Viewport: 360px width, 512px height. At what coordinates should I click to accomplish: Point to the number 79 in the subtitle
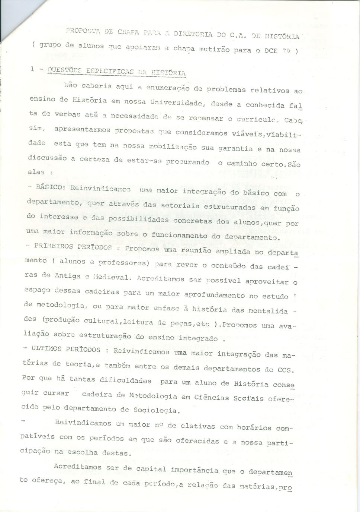tap(286, 51)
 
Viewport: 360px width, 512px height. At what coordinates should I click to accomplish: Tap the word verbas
tap(68, 114)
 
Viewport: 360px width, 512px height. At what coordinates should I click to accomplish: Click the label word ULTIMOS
tap(46, 349)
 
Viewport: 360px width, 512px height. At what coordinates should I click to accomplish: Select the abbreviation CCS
tap(285, 370)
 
